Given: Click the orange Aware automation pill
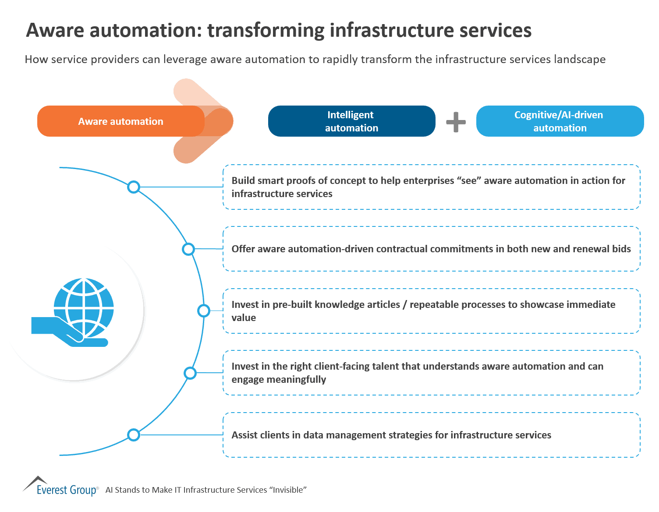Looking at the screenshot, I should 120,121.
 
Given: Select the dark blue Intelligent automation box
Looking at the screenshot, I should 351,121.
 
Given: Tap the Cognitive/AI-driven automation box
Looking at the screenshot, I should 560,121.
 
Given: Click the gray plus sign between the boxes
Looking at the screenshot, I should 456,122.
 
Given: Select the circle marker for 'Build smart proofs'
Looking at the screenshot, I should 134,187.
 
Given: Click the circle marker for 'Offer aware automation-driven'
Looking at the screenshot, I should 188,249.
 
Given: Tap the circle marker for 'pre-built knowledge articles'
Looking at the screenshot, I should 204,311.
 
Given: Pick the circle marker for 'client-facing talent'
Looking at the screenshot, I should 190,373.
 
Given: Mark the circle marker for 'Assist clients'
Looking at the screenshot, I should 134,435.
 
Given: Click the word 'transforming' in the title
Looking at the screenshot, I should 266,31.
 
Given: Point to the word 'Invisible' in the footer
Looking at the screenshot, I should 289,490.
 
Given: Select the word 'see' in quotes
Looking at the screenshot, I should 469,181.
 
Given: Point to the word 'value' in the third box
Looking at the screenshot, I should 244,318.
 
